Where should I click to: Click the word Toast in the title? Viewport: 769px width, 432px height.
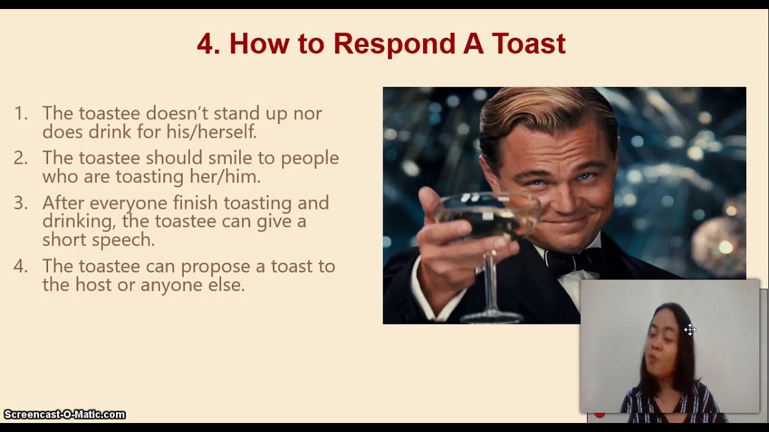tap(529, 44)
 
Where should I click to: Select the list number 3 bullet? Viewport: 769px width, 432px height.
tap(20, 203)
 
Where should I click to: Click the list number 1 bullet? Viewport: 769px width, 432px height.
tap(20, 113)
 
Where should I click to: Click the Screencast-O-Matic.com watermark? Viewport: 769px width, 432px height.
tap(64, 415)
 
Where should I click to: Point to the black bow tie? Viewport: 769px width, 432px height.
tap(562, 261)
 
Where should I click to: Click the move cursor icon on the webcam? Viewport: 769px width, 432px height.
tap(690, 329)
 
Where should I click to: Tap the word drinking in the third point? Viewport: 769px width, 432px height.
tap(78, 221)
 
